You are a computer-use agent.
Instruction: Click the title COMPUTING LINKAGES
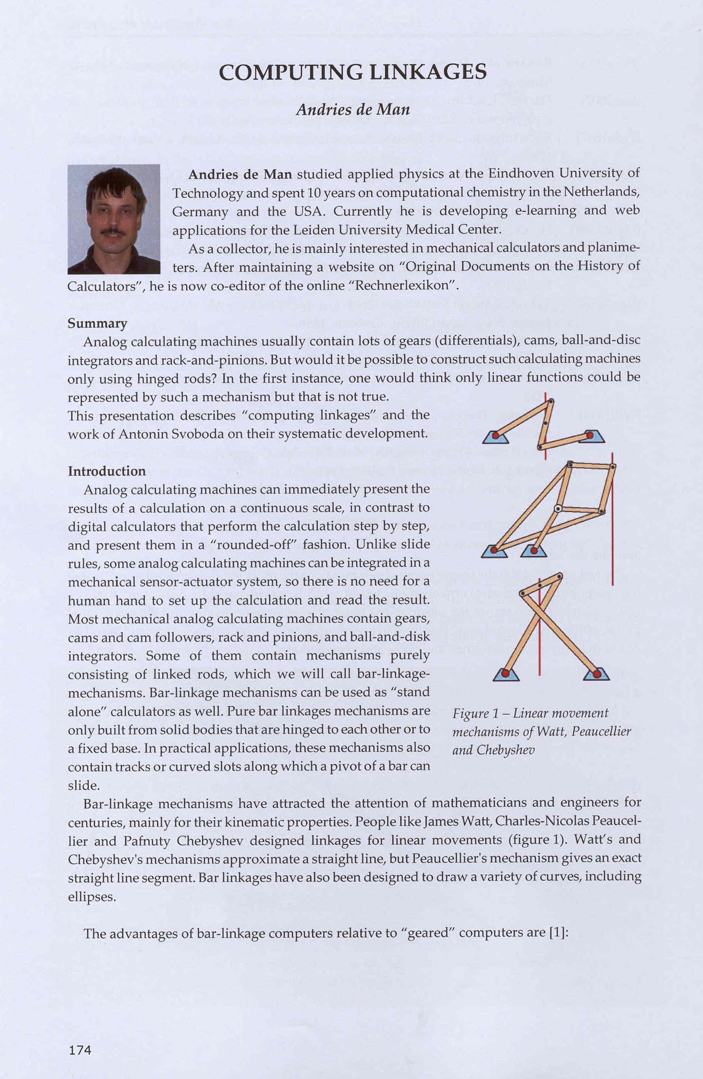pyautogui.click(x=352, y=73)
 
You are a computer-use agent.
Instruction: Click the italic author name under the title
pyautogui.click(x=352, y=109)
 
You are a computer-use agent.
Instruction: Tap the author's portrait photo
pyautogui.click(x=114, y=219)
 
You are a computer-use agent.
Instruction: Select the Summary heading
pyautogui.click(x=97, y=323)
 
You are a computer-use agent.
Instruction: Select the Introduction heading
pyautogui.click(x=107, y=471)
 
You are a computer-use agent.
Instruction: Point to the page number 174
pyautogui.click(x=80, y=1050)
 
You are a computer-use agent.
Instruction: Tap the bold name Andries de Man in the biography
pyautogui.click(x=240, y=174)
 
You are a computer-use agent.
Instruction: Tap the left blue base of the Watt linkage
pyautogui.click(x=495, y=437)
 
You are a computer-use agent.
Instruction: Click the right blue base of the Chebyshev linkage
pyautogui.click(x=596, y=674)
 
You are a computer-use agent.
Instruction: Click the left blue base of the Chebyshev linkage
pyautogui.click(x=506, y=674)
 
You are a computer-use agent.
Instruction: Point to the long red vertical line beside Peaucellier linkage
pyautogui.click(x=613, y=543)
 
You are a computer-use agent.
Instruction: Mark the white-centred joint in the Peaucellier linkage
pyautogui.click(x=558, y=508)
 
